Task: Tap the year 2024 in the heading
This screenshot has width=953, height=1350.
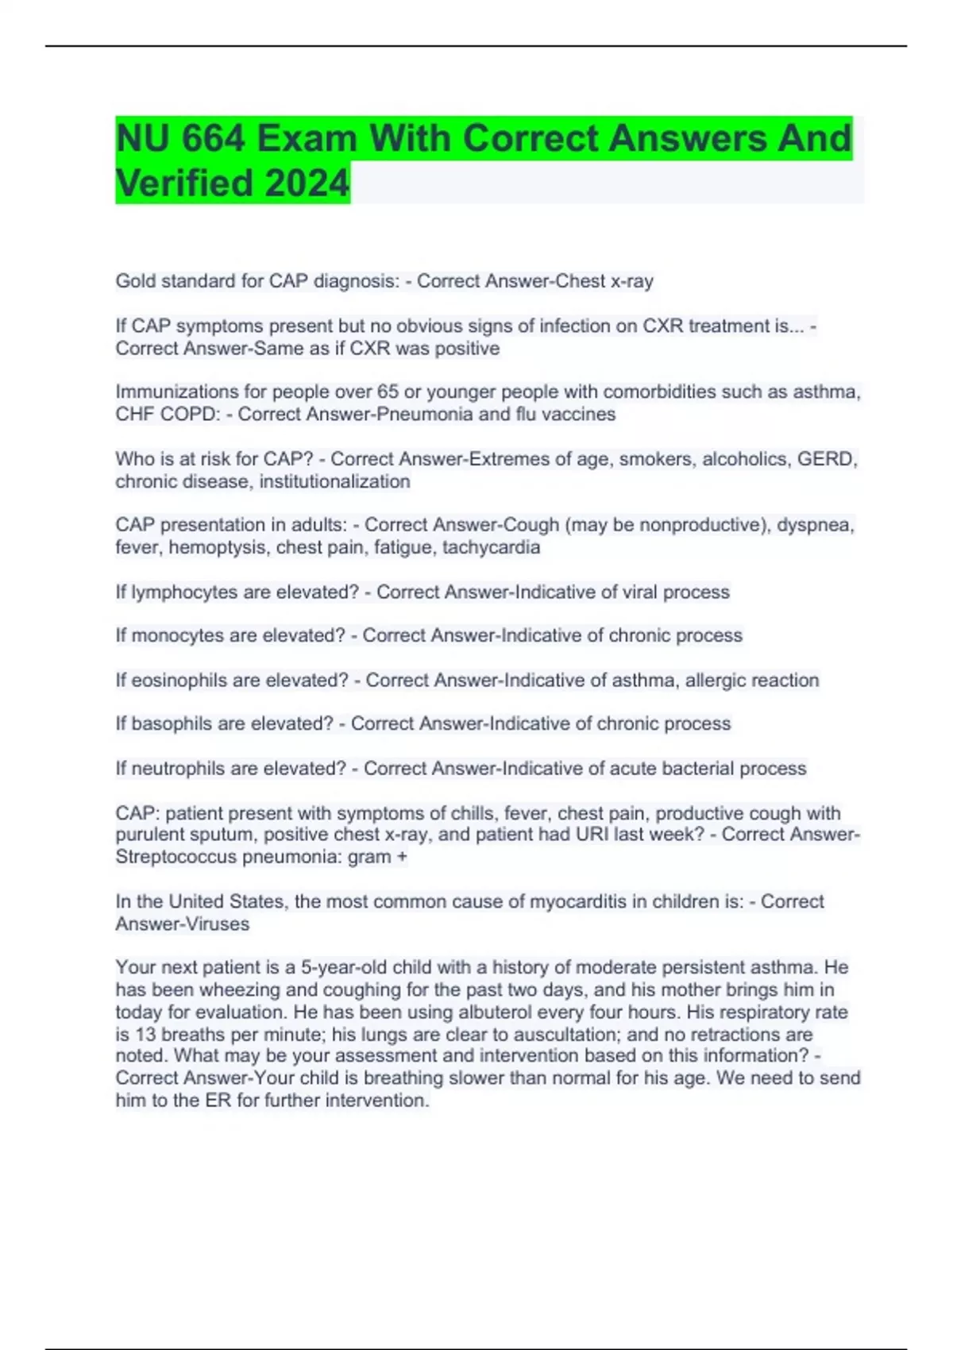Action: (x=307, y=183)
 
